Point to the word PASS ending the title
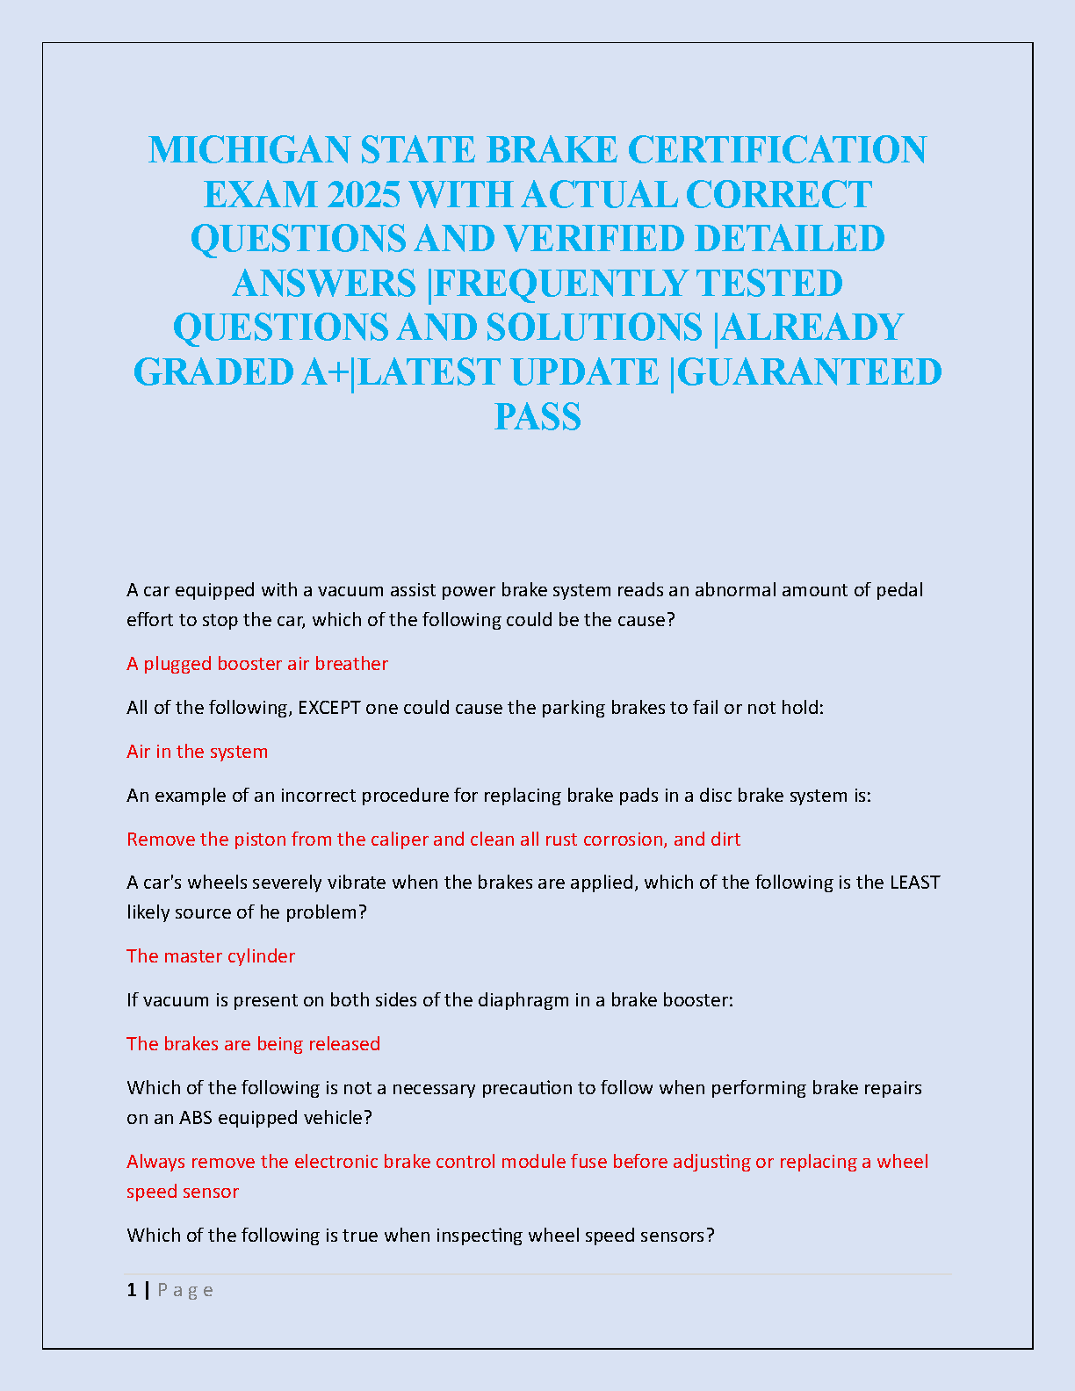537,416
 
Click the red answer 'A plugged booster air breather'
257,664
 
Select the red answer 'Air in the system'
198,752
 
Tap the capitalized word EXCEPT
329,708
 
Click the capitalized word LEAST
914,883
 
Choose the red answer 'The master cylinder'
211,956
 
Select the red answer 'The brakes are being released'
254,1044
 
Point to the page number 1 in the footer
132,1290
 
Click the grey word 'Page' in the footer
185,1290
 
